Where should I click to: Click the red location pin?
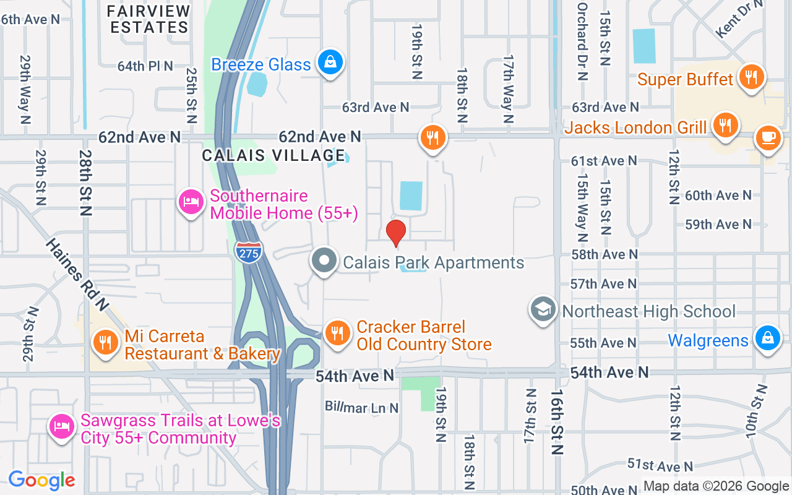[x=395, y=233]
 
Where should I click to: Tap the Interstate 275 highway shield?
[x=248, y=251]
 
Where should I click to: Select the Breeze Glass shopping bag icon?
[x=330, y=62]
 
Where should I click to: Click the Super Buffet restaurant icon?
[x=751, y=77]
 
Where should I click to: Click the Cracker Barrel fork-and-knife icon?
[x=337, y=334]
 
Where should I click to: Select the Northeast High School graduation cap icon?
[x=543, y=310]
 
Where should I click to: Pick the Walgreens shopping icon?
[x=767, y=339]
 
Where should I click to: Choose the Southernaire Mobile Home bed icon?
[x=191, y=202]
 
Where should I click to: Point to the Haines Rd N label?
[x=77, y=274]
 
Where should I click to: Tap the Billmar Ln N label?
[x=362, y=407]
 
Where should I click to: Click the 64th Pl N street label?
[x=145, y=66]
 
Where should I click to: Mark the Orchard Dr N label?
[x=582, y=41]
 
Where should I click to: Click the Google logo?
[x=41, y=480]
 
